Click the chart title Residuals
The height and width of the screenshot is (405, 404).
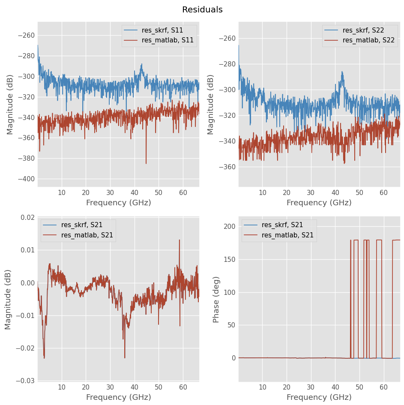tap(202, 10)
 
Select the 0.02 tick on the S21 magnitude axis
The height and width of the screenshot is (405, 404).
tap(27, 217)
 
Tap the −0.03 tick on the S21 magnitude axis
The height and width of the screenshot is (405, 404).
tap(26, 381)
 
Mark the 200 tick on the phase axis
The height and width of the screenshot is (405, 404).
tap(229, 226)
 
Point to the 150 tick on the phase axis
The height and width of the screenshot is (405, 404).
tap(229, 259)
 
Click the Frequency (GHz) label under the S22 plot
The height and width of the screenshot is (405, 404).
tap(319, 203)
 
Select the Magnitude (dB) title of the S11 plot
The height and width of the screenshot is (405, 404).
tap(10, 104)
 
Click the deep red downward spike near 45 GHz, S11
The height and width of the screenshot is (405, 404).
tap(146, 163)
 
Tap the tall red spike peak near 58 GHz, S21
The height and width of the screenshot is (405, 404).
tap(180, 240)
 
